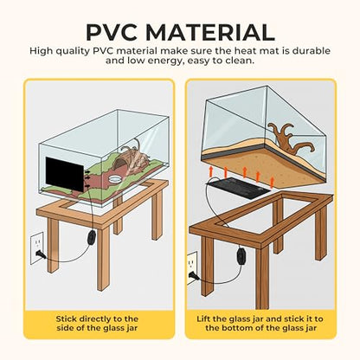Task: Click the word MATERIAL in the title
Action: [x=210, y=32]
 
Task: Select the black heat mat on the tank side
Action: [x=65, y=174]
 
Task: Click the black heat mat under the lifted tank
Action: [x=238, y=188]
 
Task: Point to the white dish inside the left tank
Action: [x=116, y=179]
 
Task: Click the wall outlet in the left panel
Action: [x=37, y=248]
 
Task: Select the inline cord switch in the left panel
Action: [x=92, y=236]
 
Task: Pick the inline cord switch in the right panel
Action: [x=241, y=254]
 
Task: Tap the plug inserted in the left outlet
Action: [x=39, y=254]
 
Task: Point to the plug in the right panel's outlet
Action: [x=194, y=276]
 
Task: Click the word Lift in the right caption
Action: [x=204, y=319]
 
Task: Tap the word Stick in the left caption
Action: [x=67, y=319]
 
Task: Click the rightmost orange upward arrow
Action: [x=272, y=183]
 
